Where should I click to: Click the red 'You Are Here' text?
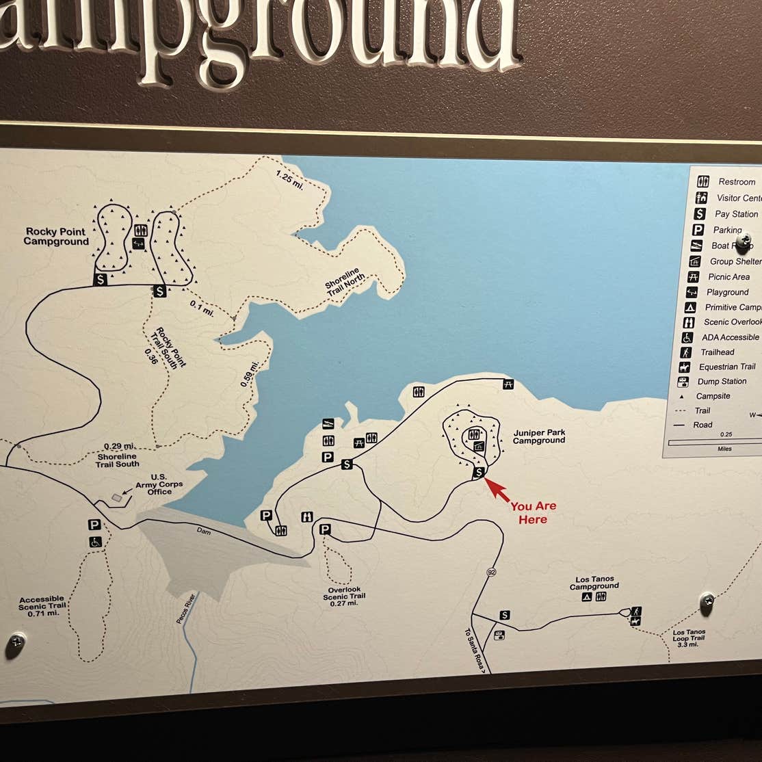[x=533, y=513]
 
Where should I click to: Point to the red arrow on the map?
[x=497, y=490]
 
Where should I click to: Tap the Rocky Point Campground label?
[x=57, y=237]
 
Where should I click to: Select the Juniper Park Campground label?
[x=539, y=436]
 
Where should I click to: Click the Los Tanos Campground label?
[x=594, y=583]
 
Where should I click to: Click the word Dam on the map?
[x=204, y=531]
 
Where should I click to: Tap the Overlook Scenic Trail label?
[x=344, y=596]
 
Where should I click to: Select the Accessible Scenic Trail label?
[x=42, y=606]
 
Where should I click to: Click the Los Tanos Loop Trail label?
[x=689, y=638]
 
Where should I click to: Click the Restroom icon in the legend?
[x=703, y=182]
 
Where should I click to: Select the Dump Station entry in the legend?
[x=722, y=382]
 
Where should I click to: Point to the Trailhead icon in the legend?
[x=686, y=352]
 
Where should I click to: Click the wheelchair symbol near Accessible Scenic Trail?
[x=95, y=542]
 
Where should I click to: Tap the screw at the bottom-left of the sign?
[x=15, y=643]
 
